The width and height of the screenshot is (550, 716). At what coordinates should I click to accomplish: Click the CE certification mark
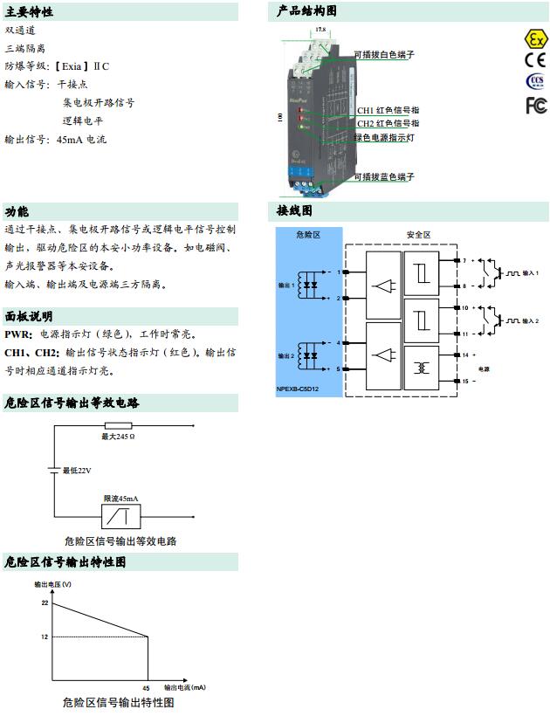coord(534,60)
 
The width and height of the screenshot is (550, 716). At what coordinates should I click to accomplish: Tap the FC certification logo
coord(535,106)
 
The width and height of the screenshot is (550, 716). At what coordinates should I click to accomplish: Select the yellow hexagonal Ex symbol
coord(534,38)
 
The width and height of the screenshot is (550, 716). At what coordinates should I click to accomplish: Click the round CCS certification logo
coord(534,82)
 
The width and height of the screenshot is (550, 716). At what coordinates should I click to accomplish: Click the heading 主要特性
coord(30,12)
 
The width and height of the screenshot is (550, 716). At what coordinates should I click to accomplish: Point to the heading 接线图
coord(294,211)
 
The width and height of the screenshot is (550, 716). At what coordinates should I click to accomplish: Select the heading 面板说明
coord(29,317)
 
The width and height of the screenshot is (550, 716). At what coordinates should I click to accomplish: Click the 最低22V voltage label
coord(76,471)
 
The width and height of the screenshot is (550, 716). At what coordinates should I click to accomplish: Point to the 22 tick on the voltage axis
coord(44,602)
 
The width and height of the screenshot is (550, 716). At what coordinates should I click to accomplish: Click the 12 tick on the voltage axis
coord(44,637)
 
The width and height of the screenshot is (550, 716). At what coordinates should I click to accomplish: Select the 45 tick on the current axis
coord(147,687)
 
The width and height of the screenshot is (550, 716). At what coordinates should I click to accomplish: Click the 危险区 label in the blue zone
coord(309,236)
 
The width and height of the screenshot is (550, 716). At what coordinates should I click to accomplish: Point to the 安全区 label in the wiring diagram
coord(419,235)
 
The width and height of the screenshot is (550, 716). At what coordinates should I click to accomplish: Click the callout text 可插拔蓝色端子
coord(384,177)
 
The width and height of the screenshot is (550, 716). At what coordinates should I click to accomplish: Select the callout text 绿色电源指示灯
coord(384,138)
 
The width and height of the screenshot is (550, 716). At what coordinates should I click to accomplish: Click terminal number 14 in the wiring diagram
coord(465,355)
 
